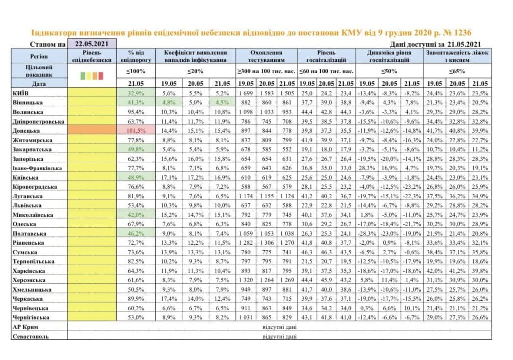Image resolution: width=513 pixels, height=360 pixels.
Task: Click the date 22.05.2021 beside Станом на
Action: click(x=92, y=44)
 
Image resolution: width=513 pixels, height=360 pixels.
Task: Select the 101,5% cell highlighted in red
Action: click(x=136, y=131)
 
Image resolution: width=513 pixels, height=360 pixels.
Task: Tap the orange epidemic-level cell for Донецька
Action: click(x=92, y=130)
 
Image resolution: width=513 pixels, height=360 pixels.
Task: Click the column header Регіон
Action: click(x=39, y=56)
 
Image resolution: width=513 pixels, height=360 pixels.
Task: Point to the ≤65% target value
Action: click(x=457, y=71)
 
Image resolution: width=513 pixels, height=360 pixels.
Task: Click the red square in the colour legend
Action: click(x=101, y=76)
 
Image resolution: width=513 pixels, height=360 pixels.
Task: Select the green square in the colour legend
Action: click(x=83, y=76)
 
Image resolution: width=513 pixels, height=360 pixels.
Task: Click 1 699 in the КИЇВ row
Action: click(x=245, y=93)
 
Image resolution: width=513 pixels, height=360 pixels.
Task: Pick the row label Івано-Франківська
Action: click(x=37, y=168)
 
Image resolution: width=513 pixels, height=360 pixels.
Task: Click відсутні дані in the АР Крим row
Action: click(x=280, y=327)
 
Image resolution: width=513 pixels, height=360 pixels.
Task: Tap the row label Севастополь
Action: click(x=30, y=336)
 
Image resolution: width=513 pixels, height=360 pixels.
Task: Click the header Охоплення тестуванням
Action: click(x=267, y=56)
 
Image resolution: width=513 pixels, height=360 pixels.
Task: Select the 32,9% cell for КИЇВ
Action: click(x=136, y=93)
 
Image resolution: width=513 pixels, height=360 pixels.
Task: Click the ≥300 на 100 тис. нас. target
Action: click(x=267, y=71)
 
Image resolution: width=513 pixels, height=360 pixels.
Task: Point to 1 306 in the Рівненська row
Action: click(x=267, y=243)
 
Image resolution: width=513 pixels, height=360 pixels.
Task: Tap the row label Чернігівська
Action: click(x=31, y=317)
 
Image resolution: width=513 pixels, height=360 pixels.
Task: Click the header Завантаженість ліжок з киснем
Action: click(x=457, y=56)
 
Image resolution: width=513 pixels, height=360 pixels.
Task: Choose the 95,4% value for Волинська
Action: click(x=136, y=112)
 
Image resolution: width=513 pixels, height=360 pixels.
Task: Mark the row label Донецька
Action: click(x=26, y=131)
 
